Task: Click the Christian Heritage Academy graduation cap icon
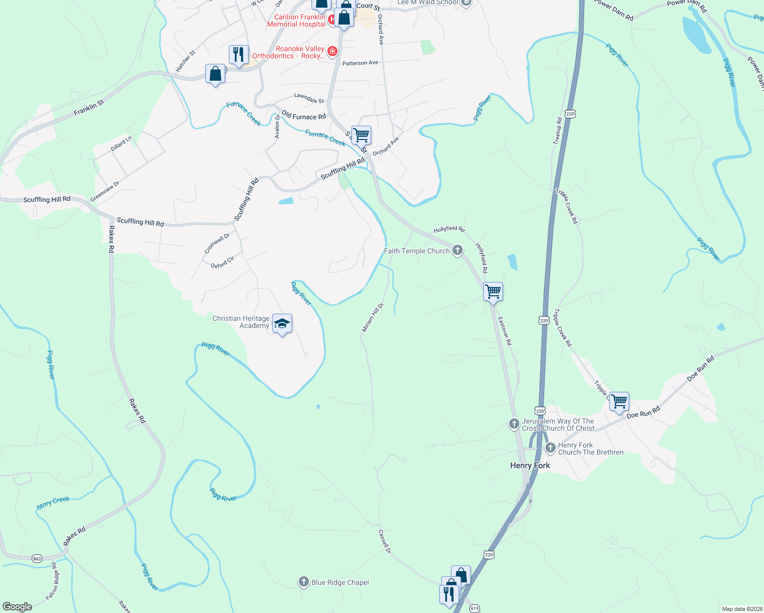coord(282,324)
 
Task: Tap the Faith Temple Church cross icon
coord(458,250)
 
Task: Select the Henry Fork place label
coord(530,465)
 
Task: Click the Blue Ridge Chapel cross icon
coord(304,582)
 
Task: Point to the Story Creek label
coord(53,503)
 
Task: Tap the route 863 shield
coord(37,558)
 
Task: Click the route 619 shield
coord(475,608)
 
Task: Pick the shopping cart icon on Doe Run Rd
coord(619,402)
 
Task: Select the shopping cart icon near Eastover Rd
coord(493,292)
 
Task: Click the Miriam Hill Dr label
coord(372,317)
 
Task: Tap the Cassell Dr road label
coord(385,541)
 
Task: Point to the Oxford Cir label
coord(223,262)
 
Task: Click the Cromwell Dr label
coord(217,244)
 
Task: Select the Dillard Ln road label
coord(121,143)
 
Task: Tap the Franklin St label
coord(89,107)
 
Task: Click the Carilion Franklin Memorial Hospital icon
coord(331,20)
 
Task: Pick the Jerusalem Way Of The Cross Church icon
coord(514,423)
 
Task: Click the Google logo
coord(17,607)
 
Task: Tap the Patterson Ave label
coord(360,63)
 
